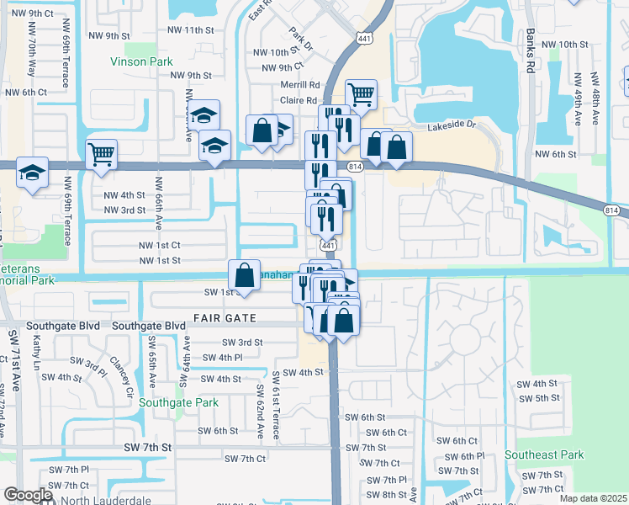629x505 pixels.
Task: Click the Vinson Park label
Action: click(142, 61)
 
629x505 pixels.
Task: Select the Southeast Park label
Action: click(544, 454)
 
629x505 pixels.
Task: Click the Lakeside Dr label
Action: click(452, 126)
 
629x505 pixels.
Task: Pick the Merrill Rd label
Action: click(300, 85)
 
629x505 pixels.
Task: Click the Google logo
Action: click(27, 495)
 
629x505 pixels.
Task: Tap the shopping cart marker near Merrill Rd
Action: click(361, 94)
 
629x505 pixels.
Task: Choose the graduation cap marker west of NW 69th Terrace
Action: click(33, 173)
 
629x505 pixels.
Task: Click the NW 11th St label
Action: click(192, 30)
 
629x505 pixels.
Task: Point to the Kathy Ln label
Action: click(36, 352)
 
